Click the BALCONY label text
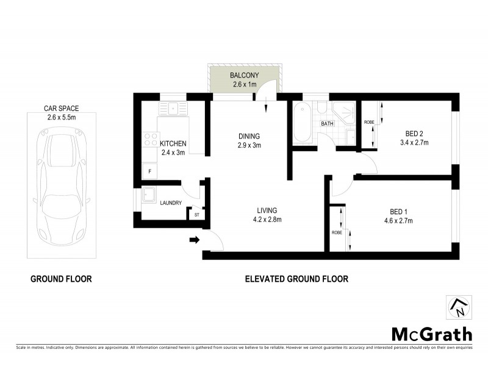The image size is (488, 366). (243, 76)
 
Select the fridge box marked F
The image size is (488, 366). (149, 171)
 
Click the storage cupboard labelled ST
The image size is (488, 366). (196, 215)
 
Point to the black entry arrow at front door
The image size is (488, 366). (195, 240)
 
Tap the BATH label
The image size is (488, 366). (328, 124)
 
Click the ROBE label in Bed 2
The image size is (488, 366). (368, 122)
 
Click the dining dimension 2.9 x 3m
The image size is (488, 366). (249, 145)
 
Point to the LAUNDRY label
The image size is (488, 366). (170, 203)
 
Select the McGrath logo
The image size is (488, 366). (431, 334)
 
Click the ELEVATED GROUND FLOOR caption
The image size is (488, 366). (296, 279)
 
